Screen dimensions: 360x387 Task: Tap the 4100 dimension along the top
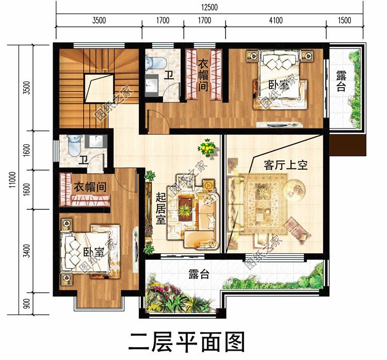tap(276, 21)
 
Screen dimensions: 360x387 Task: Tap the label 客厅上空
tap(285, 166)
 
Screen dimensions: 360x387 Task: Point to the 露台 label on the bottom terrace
tap(198, 274)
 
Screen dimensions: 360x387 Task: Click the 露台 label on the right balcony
tap(341, 81)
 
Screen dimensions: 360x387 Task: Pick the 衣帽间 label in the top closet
tap(203, 74)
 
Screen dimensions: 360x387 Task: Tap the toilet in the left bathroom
tap(74, 142)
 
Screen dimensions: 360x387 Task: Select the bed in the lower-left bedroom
tap(88, 251)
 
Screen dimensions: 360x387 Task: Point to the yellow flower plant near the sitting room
tap(206, 149)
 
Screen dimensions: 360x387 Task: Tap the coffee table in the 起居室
tap(185, 207)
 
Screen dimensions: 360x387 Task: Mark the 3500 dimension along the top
tap(99, 21)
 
